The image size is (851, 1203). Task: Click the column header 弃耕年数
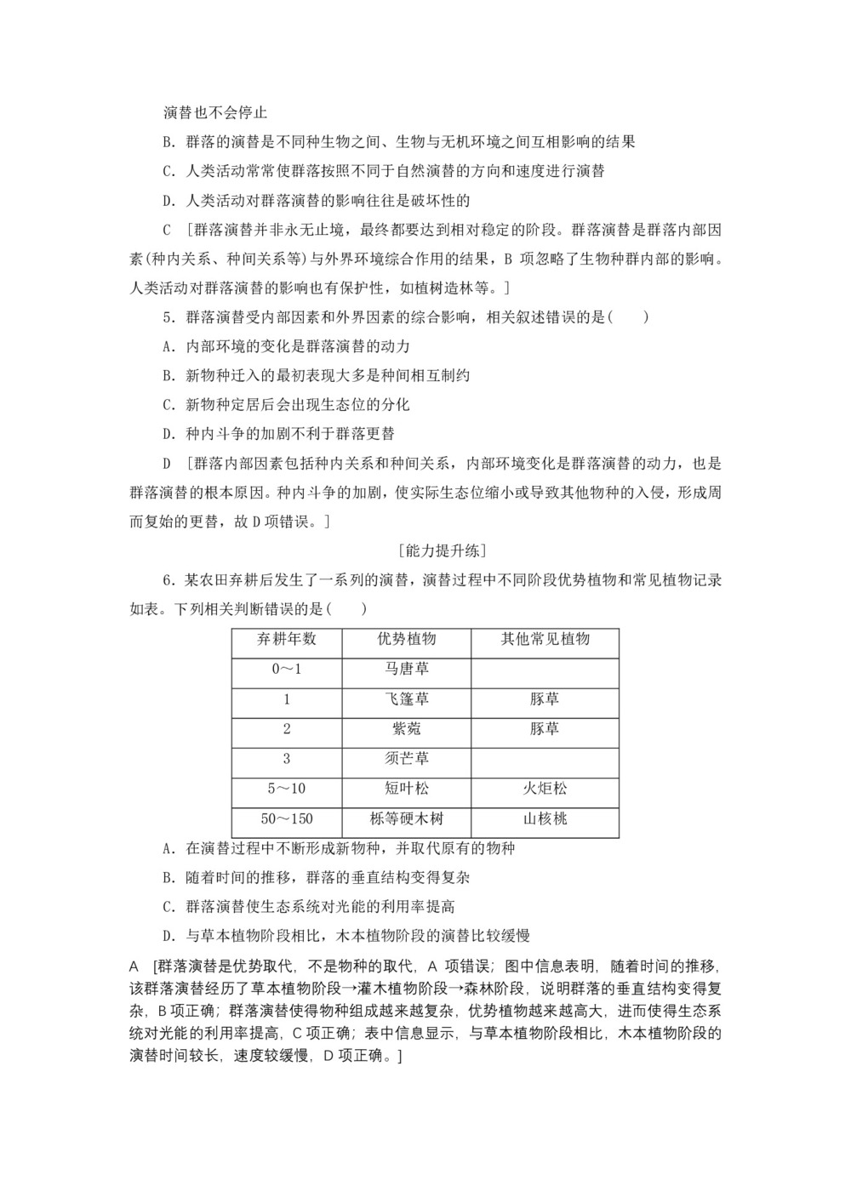pyautogui.click(x=286, y=639)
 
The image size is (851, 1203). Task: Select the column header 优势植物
pyautogui.click(x=406, y=639)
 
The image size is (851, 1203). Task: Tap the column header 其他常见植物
pyautogui.click(x=545, y=639)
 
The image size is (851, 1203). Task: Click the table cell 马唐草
pyautogui.click(x=406, y=669)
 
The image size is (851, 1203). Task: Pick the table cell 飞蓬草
pyautogui.click(x=406, y=699)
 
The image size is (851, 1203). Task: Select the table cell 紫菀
pyautogui.click(x=406, y=729)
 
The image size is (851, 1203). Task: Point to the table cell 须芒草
pyautogui.click(x=406, y=759)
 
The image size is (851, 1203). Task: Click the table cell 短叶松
pyautogui.click(x=406, y=789)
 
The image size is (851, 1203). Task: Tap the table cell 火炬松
pyautogui.click(x=545, y=789)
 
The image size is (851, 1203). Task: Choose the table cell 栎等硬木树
pyautogui.click(x=406, y=819)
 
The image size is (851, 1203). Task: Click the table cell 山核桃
pyautogui.click(x=545, y=819)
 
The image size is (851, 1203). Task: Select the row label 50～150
pyautogui.click(x=286, y=819)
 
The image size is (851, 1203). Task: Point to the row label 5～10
pyautogui.click(x=286, y=789)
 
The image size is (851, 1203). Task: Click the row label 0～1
pyautogui.click(x=286, y=669)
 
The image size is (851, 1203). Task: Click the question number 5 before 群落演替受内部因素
pyautogui.click(x=168, y=317)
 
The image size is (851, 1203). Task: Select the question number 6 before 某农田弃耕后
pyautogui.click(x=168, y=580)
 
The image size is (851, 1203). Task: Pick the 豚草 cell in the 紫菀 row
pyautogui.click(x=545, y=729)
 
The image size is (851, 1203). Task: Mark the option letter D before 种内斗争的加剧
pyautogui.click(x=168, y=434)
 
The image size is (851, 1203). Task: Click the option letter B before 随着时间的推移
pyautogui.click(x=168, y=877)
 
